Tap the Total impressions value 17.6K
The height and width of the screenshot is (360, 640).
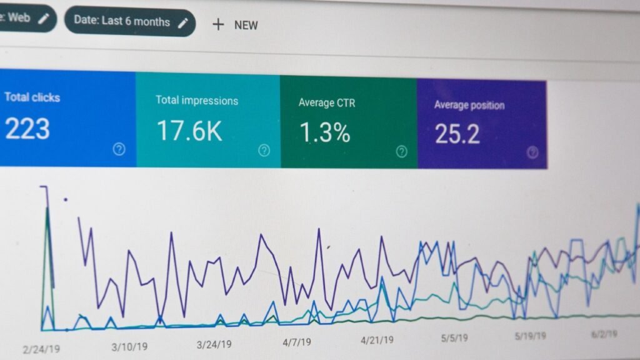[x=189, y=131]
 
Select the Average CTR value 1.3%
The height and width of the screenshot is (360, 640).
[x=324, y=132]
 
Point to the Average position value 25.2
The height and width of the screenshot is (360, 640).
[x=457, y=134]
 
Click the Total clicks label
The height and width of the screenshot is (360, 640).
[x=32, y=97]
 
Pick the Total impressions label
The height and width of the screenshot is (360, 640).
[x=196, y=100]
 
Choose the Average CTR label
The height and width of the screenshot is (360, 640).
[x=327, y=102]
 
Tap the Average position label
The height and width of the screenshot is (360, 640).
[x=469, y=105]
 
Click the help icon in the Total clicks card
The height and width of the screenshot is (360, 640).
[x=119, y=149]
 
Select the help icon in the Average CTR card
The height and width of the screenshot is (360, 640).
[x=401, y=151]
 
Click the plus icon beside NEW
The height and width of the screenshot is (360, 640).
[x=217, y=24]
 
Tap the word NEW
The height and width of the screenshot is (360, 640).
[x=246, y=26]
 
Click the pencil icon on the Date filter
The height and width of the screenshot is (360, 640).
[x=182, y=22]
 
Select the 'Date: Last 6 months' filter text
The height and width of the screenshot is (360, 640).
[x=121, y=21]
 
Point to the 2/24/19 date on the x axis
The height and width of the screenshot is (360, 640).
[x=42, y=349]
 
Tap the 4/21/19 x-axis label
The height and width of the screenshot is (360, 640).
[x=377, y=340]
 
